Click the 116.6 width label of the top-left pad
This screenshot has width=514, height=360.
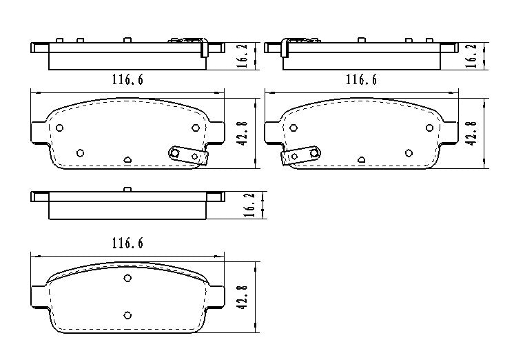point(127,80)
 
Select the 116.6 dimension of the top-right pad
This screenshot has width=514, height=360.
point(361,80)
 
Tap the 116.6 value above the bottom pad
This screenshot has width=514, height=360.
point(127,243)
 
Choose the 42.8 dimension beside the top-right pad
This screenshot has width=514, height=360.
point(473,132)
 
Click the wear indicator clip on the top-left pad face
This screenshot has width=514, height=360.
point(186,155)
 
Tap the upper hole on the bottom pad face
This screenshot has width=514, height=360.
point(127,279)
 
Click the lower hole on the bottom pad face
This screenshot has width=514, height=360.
point(127,315)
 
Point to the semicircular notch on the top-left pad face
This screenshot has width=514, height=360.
point(127,159)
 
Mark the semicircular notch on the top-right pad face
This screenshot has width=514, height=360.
point(361,159)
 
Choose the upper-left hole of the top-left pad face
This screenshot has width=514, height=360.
point(60,128)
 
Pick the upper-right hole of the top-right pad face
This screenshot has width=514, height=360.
point(429,128)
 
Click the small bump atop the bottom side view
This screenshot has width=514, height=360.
point(127,189)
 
